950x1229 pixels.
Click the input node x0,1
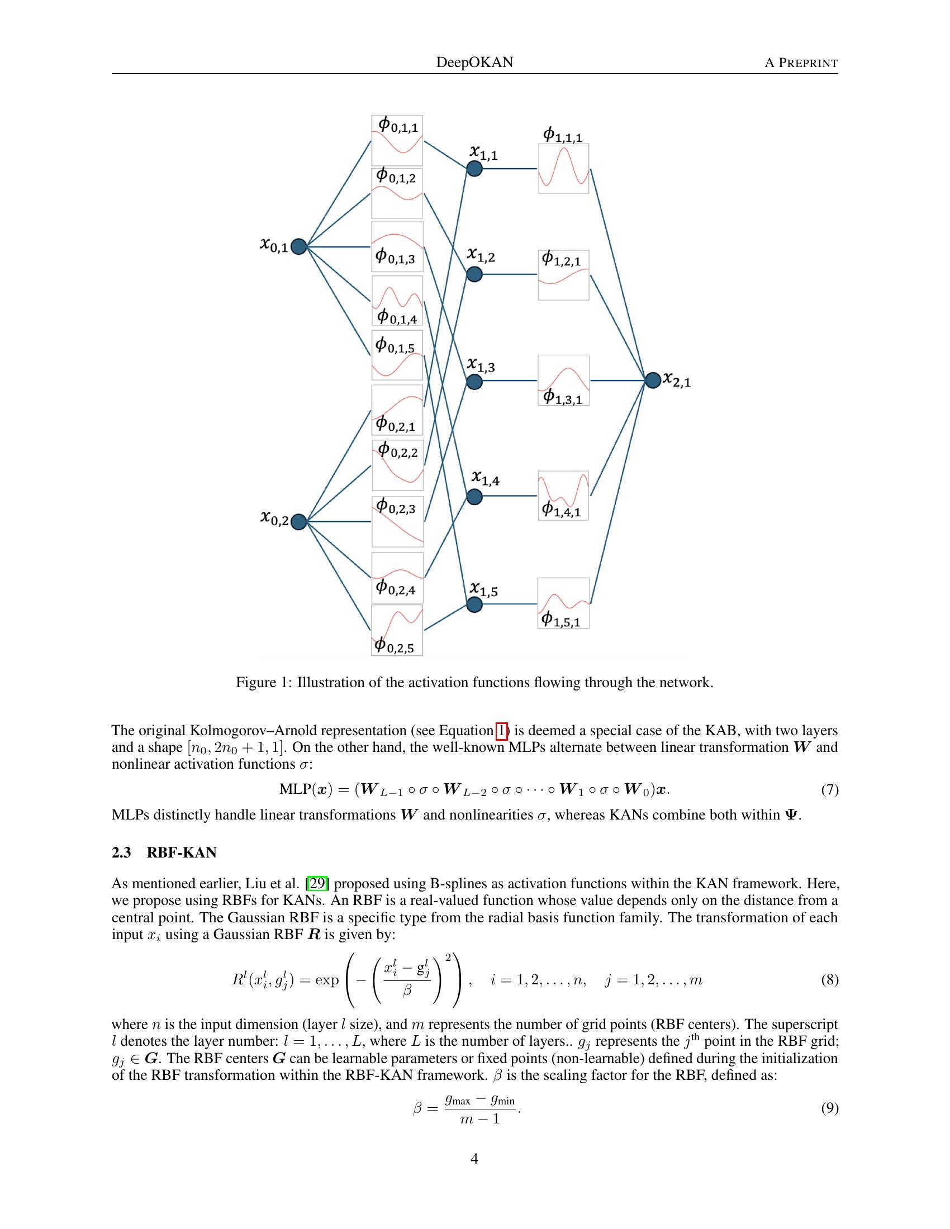[x=298, y=246]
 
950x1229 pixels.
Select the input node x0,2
[x=298, y=522]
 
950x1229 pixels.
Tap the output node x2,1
[x=652, y=380]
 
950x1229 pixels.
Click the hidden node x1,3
[x=474, y=382]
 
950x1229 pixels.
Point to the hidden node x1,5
[x=474, y=605]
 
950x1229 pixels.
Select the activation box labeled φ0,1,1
[x=397, y=140]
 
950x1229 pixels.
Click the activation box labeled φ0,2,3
[x=397, y=521]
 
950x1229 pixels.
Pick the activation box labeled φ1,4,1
[x=563, y=496]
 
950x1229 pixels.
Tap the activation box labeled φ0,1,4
[x=397, y=301]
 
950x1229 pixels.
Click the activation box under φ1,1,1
[x=563, y=168]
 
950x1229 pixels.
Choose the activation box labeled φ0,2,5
[x=397, y=630]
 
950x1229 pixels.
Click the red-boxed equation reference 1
[x=501, y=731]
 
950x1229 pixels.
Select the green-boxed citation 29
[x=317, y=884]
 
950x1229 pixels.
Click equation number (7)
[x=829, y=789]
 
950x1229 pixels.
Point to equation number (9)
[x=829, y=1108]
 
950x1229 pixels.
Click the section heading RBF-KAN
[x=181, y=852]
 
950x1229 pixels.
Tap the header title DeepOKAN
[x=474, y=62]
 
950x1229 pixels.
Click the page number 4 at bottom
[x=474, y=1159]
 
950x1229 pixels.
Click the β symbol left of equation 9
[x=417, y=1108]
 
